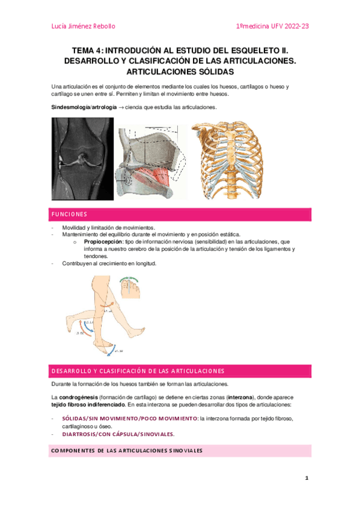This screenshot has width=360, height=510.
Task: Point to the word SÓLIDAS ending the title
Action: tap(206, 71)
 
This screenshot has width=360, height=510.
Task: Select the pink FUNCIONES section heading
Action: tap(69, 215)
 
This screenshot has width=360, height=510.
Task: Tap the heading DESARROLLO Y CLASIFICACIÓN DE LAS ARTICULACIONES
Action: tap(138, 370)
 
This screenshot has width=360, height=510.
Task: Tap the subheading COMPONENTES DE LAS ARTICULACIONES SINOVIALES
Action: tap(126, 450)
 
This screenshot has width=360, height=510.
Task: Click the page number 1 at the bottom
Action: tap(306, 478)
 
